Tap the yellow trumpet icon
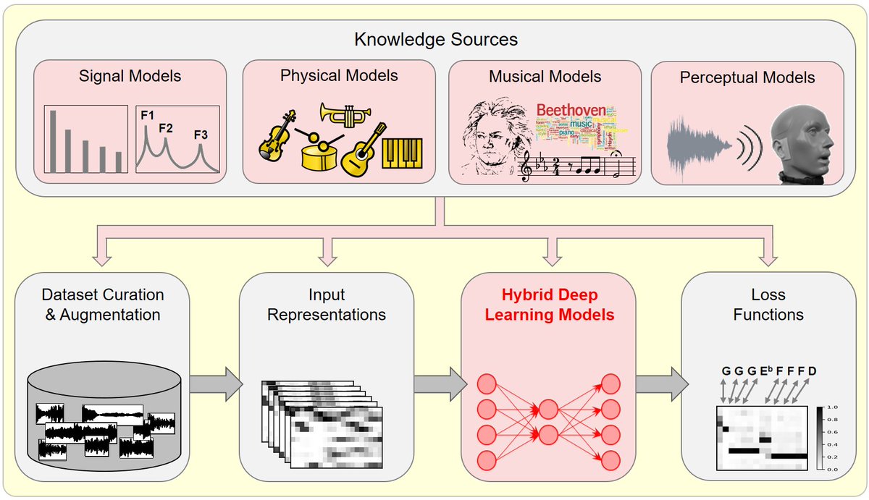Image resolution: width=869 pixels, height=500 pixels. coord(345,114)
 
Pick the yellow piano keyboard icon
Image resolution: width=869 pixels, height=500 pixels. coord(402,153)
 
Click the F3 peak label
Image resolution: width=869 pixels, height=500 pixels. coord(201,135)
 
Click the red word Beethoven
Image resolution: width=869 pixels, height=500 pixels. coord(571,109)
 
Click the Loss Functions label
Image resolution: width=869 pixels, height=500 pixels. coord(768,305)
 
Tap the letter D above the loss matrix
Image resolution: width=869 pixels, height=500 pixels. coord(812,371)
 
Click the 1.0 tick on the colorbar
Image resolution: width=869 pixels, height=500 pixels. coord(831,407)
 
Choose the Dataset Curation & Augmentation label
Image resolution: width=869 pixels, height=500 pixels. coord(103,305)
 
